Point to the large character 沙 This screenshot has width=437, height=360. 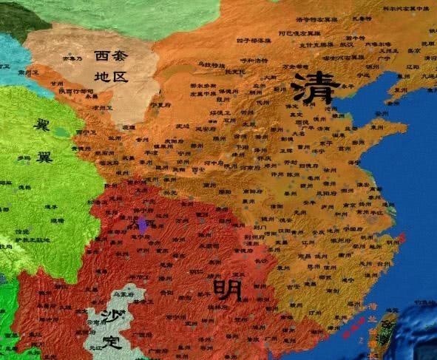point(111,316)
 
